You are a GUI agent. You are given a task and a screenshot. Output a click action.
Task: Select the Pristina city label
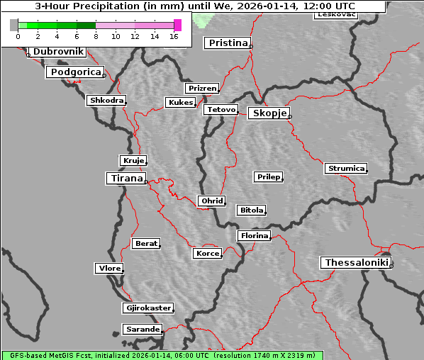(228, 43)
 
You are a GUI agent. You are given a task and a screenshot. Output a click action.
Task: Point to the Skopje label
(269, 113)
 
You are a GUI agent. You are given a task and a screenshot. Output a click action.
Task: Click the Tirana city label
(125, 179)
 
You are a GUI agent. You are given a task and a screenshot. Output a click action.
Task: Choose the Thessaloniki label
(355, 263)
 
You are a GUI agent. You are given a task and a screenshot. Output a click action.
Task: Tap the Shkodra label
(106, 101)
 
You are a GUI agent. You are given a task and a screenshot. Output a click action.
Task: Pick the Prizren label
(202, 89)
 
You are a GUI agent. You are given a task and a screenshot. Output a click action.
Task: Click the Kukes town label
(180, 103)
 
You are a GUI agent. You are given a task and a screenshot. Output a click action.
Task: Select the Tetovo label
(220, 110)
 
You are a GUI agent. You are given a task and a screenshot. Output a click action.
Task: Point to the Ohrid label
(211, 201)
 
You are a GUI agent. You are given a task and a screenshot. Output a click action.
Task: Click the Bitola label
(251, 210)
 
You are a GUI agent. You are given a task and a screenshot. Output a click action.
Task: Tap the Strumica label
(346, 169)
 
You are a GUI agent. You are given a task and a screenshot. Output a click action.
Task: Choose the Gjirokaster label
(147, 308)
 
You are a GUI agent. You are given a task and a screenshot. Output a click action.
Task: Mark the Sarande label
(142, 330)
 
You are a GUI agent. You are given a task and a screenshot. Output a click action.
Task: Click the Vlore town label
(109, 269)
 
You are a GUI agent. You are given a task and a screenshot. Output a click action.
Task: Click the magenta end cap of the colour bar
(177, 25)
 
